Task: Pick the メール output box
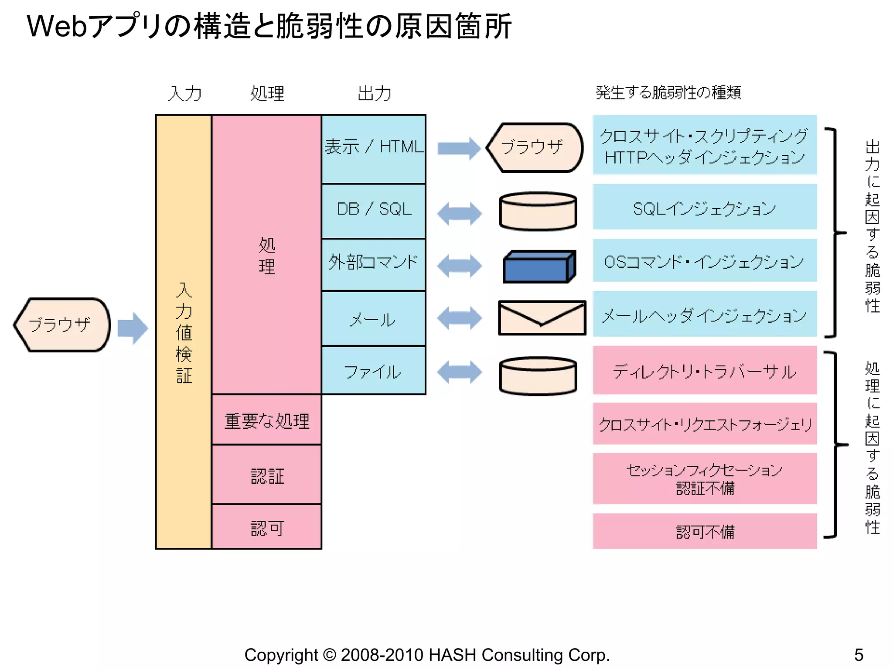point(374,318)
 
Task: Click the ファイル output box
point(374,371)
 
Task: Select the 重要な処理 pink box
point(266,420)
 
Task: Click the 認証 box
point(266,475)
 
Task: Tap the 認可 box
point(266,527)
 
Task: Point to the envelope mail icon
point(542,318)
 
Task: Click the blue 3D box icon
point(539,267)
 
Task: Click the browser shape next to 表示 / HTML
point(535,147)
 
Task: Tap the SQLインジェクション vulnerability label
point(704,208)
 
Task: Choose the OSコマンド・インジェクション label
point(704,261)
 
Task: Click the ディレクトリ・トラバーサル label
point(704,371)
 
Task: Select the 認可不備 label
point(704,531)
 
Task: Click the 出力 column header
point(374,93)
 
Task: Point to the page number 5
point(859,655)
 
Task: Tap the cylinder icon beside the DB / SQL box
point(538,212)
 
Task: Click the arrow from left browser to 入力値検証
point(133,328)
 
